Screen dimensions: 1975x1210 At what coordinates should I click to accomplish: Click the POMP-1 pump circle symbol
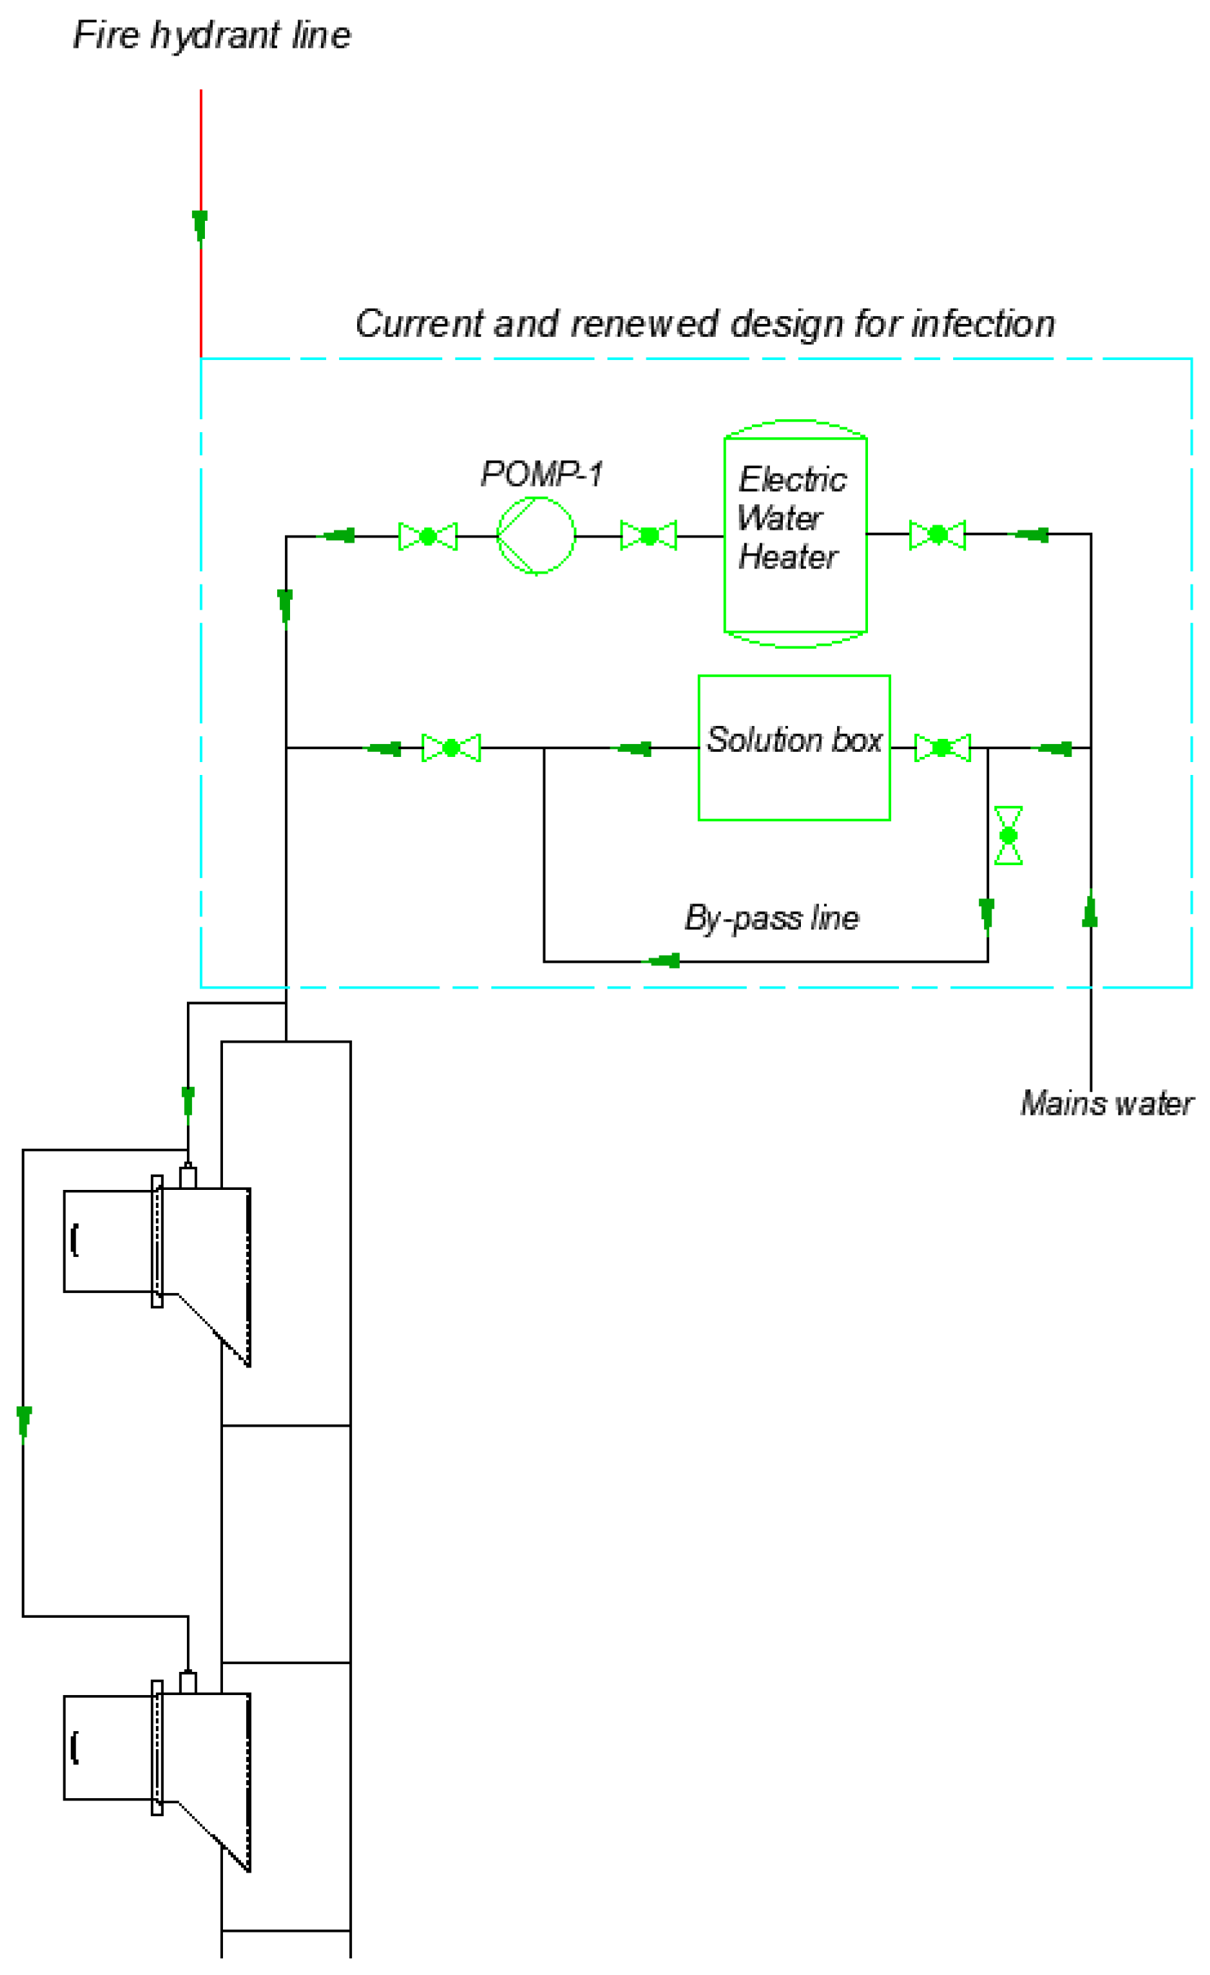pos(536,535)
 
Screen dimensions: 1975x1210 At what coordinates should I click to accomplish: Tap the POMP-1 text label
pos(541,473)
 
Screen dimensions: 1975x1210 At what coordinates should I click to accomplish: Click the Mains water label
pos(1107,1104)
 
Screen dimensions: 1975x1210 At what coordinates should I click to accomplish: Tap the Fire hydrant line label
pos(211,35)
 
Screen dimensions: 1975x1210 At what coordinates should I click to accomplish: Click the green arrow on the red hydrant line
pos(201,225)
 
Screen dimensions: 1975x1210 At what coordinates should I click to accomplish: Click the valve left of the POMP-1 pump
pos(428,536)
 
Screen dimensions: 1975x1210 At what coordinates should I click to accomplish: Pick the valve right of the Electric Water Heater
pos(937,535)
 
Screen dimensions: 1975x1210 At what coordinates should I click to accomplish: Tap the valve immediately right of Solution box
pos(942,748)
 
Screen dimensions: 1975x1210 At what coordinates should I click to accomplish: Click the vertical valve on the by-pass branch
pos(1008,835)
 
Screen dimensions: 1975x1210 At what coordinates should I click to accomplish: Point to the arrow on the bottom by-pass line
pos(665,960)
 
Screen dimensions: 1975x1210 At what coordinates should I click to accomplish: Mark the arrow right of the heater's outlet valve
pos(1032,535)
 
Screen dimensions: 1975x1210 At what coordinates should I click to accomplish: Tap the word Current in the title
pos(420,324)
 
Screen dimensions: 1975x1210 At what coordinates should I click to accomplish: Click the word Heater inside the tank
pos(788,557)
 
